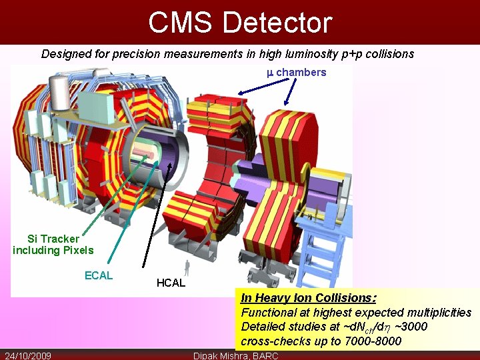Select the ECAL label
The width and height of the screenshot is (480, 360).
tap(99, 275)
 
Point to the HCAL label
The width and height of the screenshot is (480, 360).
tap(171, 283)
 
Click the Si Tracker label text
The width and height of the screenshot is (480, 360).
tap(53, 238)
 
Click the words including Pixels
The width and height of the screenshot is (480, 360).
tap(53, 251)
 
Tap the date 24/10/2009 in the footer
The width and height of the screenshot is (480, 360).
tap(28, 355)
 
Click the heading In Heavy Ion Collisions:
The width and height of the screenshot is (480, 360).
tap(308, 298)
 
